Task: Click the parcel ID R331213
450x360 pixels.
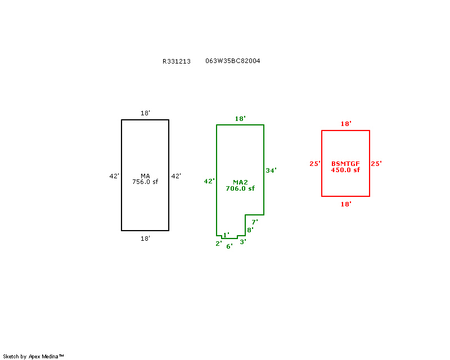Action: pos(177,61)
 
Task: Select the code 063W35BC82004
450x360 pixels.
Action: pos(233,61)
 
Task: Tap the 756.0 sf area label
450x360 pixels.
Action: pos(145,182)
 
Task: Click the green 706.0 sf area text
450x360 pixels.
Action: pos(240,188)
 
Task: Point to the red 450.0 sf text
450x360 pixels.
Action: pos(345,170)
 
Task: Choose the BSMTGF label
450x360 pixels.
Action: pos(345,164)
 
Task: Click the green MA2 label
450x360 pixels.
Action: pos(241,182)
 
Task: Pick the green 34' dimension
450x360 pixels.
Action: pos(271,170)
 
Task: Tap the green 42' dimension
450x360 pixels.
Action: pos(209,181)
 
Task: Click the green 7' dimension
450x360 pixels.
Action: pos(255,222)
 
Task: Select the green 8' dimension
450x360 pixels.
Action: pos(250,230)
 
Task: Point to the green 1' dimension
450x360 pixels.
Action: pos(226,235)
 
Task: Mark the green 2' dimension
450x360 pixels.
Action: pos(219,244)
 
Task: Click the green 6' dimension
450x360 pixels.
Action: pos(229,246)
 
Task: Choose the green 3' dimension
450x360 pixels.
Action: pos(243,242)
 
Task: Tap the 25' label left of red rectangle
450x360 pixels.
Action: pos(315,164)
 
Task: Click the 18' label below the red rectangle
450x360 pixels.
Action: pos(346,204)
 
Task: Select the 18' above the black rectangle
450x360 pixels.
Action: pos(145,113)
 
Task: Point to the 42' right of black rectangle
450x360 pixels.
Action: pos(176,176)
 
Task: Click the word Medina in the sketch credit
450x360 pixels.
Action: pos(50,357)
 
